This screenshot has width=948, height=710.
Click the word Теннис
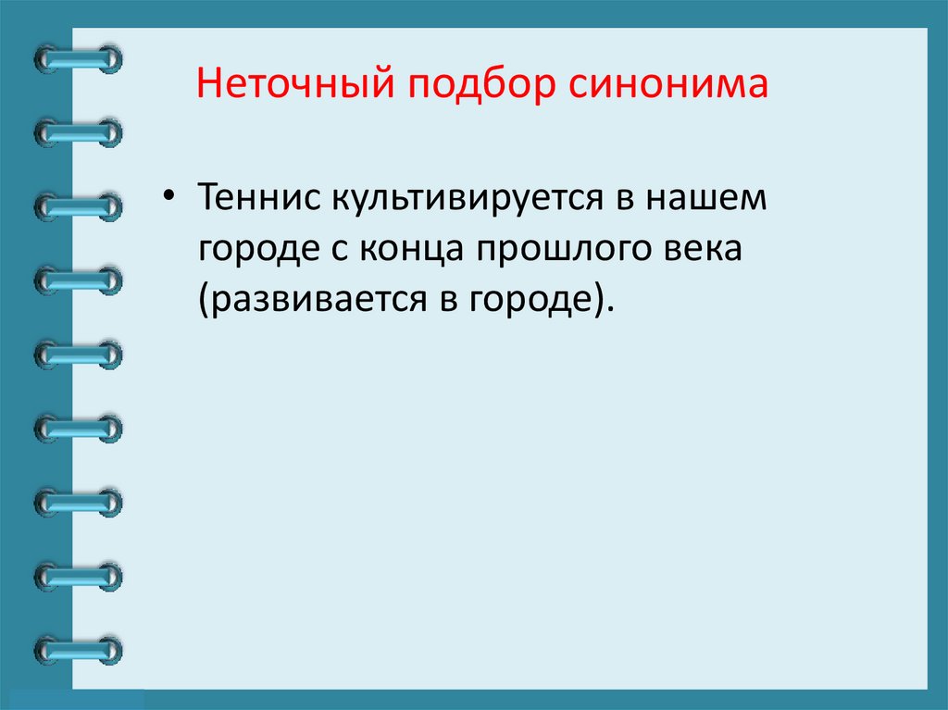(253, 199)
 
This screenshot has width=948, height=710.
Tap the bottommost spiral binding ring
(79, 649)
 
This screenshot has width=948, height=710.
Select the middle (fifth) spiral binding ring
(79, 353)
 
